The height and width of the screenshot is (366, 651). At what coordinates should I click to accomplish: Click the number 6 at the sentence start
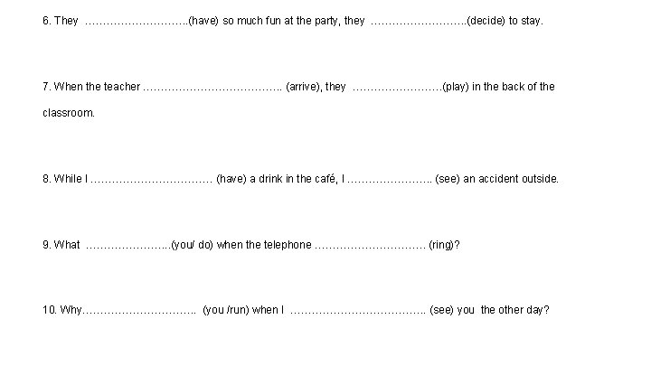click(46, 20)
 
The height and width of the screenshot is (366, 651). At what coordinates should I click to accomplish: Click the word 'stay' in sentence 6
click(532, 20)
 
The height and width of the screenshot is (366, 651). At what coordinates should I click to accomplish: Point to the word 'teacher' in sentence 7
click(122, 87)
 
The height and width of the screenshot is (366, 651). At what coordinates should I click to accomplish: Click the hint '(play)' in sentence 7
click(456, 87)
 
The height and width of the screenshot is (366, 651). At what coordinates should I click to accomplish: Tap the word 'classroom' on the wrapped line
click(68, 114)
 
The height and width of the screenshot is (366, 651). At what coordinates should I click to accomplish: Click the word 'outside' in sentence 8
click(540, 179)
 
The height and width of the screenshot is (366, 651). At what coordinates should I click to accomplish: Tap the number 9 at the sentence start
click(46, 244)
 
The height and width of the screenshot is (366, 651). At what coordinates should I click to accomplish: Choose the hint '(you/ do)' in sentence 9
click(192, 244)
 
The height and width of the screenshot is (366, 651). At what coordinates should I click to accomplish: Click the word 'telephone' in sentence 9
click(286, 244)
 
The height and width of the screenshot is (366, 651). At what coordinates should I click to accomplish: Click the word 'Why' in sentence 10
click(71, 310)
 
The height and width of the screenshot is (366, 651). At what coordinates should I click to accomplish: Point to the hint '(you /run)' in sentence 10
click(226, 310)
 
